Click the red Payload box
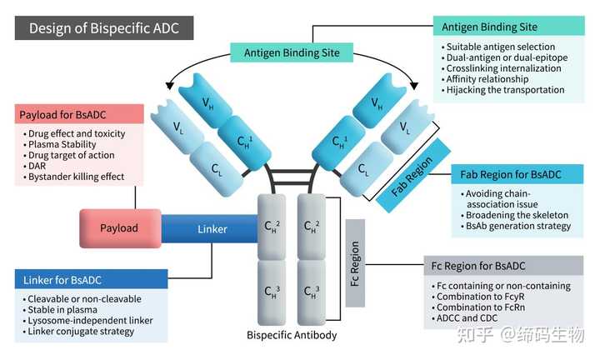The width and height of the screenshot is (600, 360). pos(120,227)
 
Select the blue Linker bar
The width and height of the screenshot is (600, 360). pos(212,228)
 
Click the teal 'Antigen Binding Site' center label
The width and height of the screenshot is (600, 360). pos(292,52)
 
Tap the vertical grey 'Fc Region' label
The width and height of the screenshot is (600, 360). pos(355,263)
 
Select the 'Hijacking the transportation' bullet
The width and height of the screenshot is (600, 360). pos(505,90)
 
